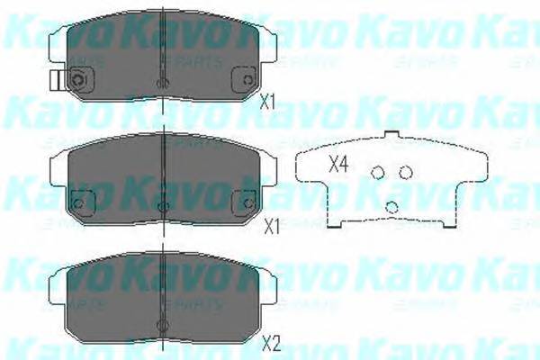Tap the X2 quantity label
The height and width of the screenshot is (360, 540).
click(x=271, y=343)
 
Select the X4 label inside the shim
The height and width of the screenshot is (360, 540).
click(x=338, y=165)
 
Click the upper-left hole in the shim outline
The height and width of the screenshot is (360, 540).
click(x=378, y=173)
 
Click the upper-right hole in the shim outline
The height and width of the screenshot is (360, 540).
click(x=405, y=172)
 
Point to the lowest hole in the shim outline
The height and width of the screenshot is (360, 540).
click(x=391, y=207)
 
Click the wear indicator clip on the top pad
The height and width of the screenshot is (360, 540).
click(x=57, y=81)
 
